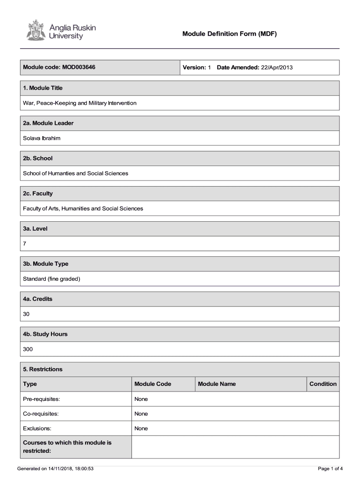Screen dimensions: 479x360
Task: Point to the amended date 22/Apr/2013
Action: point(277,67)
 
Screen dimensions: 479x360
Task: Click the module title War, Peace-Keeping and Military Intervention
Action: point(79,103)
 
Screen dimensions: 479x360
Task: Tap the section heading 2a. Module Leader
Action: point(48,123)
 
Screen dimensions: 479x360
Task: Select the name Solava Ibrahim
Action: point(42,138)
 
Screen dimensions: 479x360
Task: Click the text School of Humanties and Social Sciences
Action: point(75,173)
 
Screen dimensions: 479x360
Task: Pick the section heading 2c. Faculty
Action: point(38,193)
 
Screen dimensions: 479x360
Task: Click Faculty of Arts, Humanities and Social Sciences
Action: point(83,208)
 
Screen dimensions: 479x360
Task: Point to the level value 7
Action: point(25,244)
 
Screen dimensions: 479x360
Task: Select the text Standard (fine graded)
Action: point(51,279)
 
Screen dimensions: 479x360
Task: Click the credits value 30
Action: point(26,314)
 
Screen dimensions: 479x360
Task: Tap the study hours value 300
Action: point(28,349)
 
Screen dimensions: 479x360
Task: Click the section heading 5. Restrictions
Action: point(43,369)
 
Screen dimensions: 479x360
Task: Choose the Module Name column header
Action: point(216,384)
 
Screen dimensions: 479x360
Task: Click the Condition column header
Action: point(323,384)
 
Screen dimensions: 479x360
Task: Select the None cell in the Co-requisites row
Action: point(141,414)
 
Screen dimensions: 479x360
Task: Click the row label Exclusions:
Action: point(37,428)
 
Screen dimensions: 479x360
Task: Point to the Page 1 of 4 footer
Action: point(330,468)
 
